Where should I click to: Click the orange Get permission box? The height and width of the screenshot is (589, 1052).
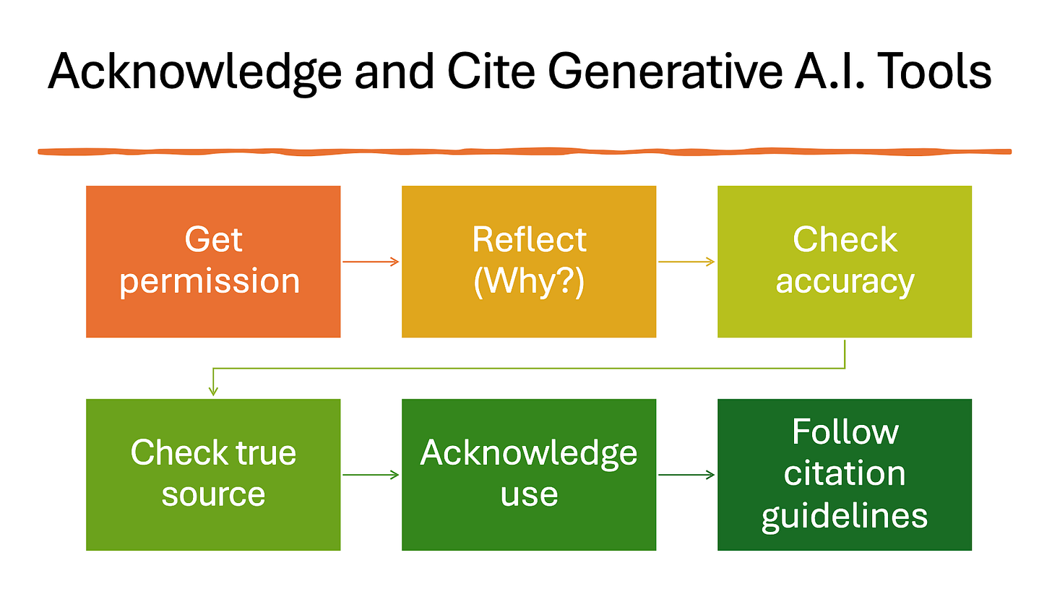pyautogui.click(x=213, y=262)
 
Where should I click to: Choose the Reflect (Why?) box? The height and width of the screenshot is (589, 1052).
pyautogui.click(x=529, y=262)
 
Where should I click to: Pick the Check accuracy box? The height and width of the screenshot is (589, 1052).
pyautogui.click(x=845, y=262)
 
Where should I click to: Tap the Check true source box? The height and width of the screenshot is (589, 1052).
pyautogui.click(x=213, y=475)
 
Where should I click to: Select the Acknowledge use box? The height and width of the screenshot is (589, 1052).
pyautogui.click(x=529, y=475)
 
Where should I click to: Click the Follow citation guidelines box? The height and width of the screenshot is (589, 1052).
pyautogui.click(x=845, y=475)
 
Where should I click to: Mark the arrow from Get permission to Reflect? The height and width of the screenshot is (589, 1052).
pyautogui.click(x=371, y=262)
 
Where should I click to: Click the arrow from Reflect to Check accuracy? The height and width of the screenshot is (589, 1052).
pyautogui.click(x=686, y=262)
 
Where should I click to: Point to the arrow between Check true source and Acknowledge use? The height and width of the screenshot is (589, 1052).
pyautogui.click(x=371, y=475)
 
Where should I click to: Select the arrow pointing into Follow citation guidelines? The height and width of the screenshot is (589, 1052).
pyautogui.click(x=686, y=475)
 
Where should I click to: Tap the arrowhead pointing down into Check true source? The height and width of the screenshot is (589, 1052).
pyautogui.click(x=213, y=391)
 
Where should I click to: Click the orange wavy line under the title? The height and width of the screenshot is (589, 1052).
pyautogui.click(x=525, y=152)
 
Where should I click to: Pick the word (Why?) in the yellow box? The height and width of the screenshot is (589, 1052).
pyautogui.click(x=529, y=281)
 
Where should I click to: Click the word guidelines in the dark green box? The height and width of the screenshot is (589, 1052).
pyautogui.click(x=845, y=516)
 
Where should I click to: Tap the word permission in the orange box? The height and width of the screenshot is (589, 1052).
pyautogui.click(x=210, y=281)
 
